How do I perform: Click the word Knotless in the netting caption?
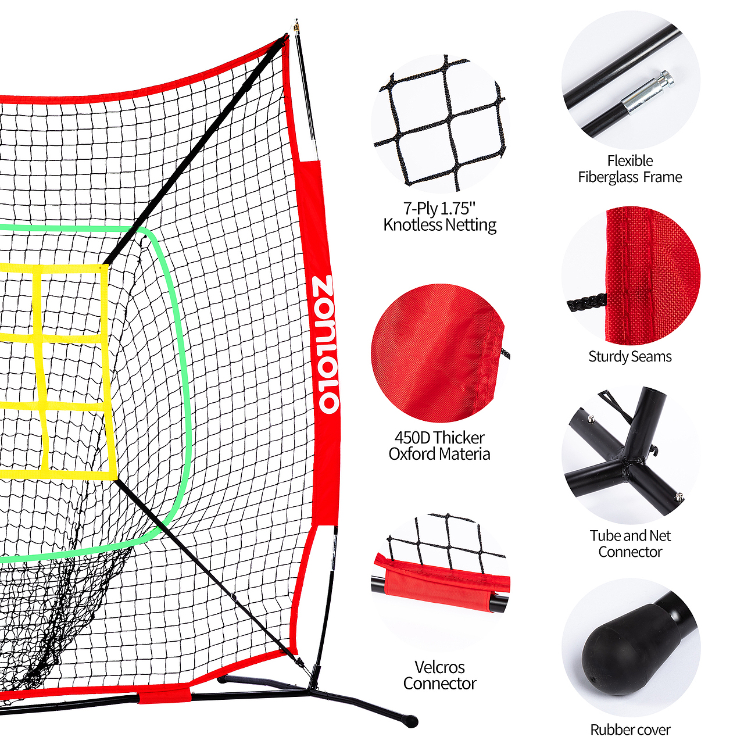coord(413,225)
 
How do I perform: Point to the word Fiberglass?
coord(607,177)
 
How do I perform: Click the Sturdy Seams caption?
coord(629,356)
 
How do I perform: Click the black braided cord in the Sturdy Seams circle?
coord(587,302)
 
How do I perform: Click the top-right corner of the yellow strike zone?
coord(106,265)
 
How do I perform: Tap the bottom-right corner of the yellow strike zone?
coord(116,479)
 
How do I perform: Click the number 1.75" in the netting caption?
coord(458,209)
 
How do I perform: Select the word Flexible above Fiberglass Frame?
coord(629,161)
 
